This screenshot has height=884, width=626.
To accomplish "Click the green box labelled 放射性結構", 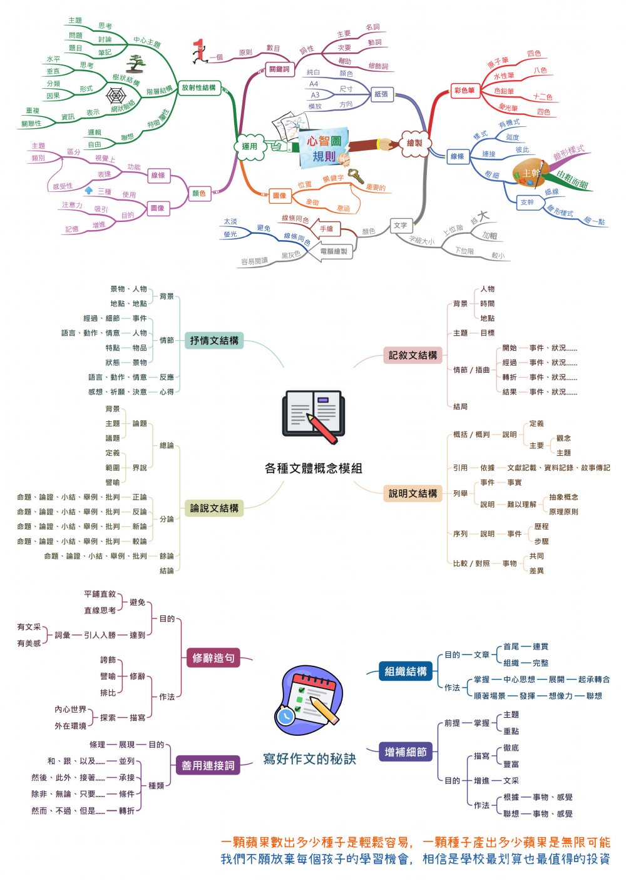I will tap(198, 88).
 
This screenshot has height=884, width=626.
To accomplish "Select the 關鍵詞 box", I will tap(279, 69).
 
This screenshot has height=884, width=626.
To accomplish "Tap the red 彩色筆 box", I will tap(464, 91).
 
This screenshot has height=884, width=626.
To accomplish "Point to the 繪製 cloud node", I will tap(414, 143).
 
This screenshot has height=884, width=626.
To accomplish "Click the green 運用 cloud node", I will tap(250, 146).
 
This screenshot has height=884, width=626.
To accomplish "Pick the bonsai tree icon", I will tap(135, 64).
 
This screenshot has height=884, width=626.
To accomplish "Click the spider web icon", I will tap(116, 96).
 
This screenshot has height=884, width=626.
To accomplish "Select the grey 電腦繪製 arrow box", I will tap(332, 251).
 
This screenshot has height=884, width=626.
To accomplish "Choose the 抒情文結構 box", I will tap(214, 341).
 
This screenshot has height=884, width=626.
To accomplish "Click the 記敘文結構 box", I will tap(413, 355).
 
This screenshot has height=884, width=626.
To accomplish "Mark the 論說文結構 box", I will tap(214, 508).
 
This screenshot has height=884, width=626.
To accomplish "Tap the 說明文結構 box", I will tap(413, 493).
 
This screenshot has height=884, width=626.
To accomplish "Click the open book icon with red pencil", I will tap(313, 416).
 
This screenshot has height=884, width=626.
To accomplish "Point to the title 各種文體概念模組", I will tap(313, 468).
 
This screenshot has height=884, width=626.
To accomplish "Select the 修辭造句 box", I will tap(213, 658).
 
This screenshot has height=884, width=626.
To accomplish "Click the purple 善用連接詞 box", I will tap(208, 765).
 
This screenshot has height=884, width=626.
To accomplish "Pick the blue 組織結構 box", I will tap(406, 671).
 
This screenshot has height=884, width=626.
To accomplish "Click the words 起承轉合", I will tap(593, 680).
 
